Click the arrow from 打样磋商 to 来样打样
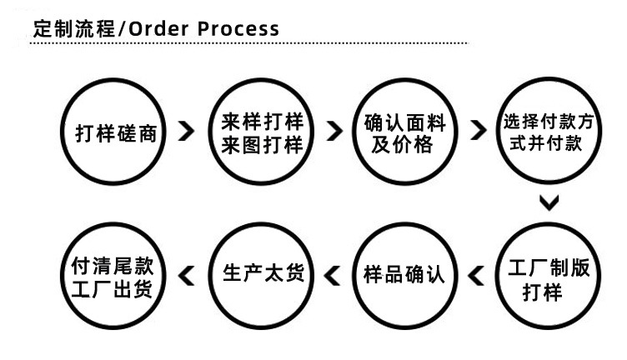point(188,131)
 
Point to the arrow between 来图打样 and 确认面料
point(334,131)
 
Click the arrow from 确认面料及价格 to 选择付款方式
point(479,131)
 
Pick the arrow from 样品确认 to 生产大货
point(333,273)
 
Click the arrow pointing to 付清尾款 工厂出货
point(188,273)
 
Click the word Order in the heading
point(163,28)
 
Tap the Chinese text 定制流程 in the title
point(73,28)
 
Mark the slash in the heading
point(123,28)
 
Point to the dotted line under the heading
point(250,43)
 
